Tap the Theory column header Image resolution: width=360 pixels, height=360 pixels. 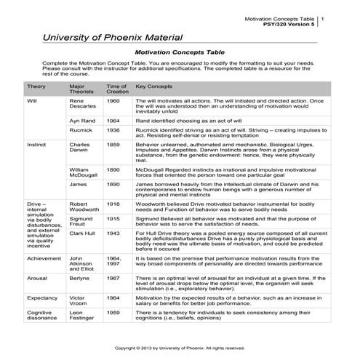pos(36,86)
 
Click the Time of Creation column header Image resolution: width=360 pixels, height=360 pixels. pos(117,89)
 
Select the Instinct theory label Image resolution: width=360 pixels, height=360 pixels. pos(36,145)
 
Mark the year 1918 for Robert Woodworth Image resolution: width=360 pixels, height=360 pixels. pos(113,205)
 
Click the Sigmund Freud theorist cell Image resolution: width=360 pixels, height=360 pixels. pos(81,221)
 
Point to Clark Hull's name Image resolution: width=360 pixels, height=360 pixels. pos(83,233)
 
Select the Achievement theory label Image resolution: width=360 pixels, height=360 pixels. pos(44,258)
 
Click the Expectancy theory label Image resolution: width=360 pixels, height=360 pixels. pos(43,298)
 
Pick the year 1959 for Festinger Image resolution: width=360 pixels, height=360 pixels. pos(113,313)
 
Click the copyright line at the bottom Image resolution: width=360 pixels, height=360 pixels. pos(180,348)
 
